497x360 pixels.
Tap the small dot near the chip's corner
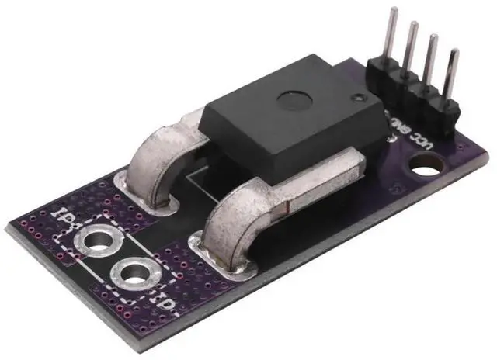tap(356, 99)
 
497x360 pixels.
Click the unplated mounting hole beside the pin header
tap(426, 164)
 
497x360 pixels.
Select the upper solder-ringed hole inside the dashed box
tap(100, 243)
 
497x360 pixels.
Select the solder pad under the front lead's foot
tap(229, 264)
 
